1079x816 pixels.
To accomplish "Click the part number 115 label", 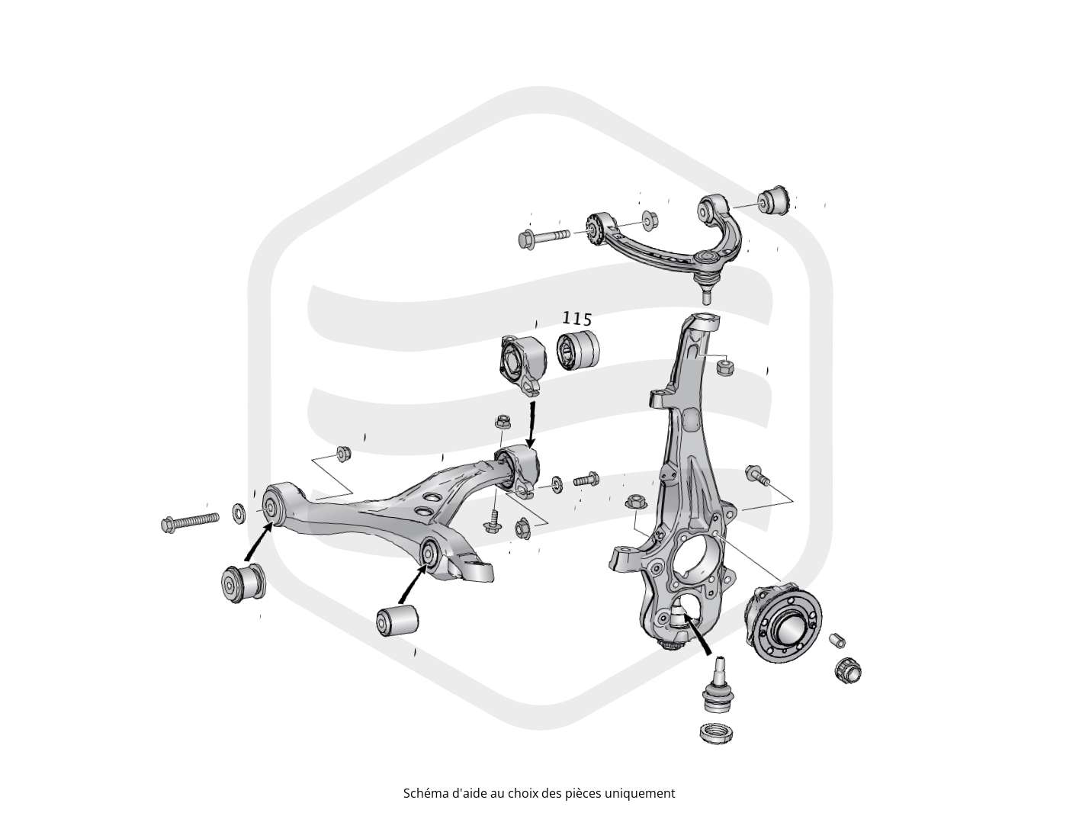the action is pos(576,319).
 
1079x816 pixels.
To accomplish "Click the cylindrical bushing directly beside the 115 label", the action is pos(578,351).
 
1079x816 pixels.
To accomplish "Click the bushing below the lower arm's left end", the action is pos(243,583).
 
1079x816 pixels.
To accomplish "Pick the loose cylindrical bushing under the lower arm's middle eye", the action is pos(397,621).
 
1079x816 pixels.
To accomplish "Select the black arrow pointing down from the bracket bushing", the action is pos(531,426).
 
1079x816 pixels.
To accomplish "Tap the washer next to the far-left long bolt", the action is pos(239,512).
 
